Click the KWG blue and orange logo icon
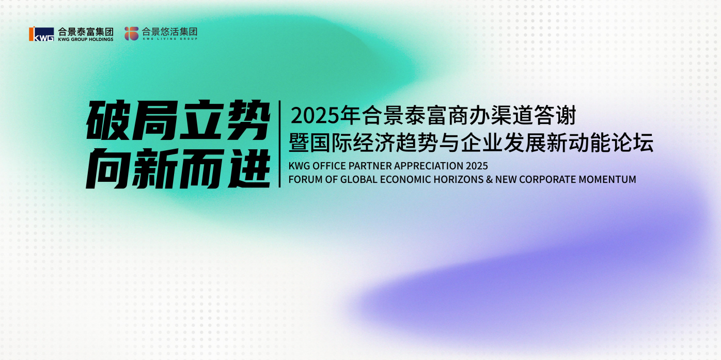41,34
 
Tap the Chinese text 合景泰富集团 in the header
86,32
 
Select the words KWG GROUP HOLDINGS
86,39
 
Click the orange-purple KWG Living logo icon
132,34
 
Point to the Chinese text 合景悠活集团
169,32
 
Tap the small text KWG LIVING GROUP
170,39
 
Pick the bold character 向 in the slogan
107,168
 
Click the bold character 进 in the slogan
249,168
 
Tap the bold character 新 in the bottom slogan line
155,168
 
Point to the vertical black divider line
279,144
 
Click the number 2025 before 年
315,116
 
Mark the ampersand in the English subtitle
490,179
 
